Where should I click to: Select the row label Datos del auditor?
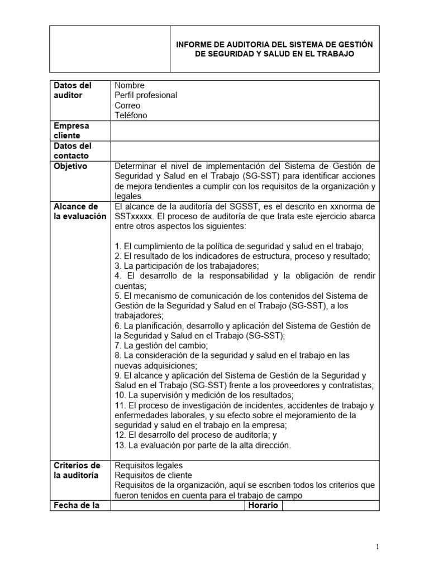(x=72, y=90)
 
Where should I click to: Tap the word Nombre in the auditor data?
(x=130, y=85)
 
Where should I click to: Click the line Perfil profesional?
(x=146, y=95)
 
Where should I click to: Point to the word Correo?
(x=127, y=105)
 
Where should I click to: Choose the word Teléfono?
(x=131, y=115)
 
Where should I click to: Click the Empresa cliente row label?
(x=71, y=130)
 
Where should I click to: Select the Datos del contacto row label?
(x=71, y=151)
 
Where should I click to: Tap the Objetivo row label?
(x=70, y=166)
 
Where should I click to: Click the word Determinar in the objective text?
(x=136, y=166)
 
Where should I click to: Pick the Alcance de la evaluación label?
(x=79, y=211)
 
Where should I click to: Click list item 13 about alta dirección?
(x=203, y=445)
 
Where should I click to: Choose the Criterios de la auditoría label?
(x=77, y=470)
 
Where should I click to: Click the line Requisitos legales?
(x=149, y=465)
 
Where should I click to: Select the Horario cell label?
(x=264, y=505)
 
